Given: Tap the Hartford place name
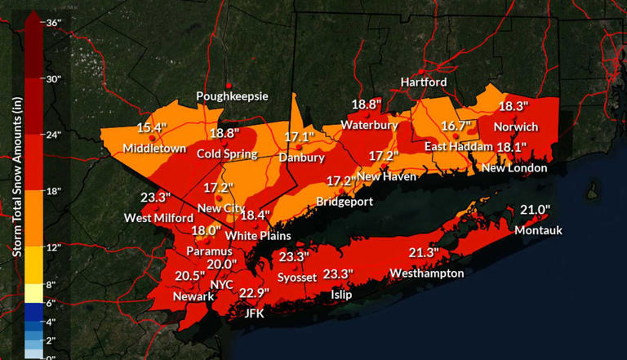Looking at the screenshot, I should (x=423, y=82).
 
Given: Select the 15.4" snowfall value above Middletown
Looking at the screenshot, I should (x=152, y=127).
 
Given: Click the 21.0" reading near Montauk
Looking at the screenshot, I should (x=536, y=210).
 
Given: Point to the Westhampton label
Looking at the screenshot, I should (x=426, y=273).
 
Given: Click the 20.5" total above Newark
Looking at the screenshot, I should (x=190, y=276).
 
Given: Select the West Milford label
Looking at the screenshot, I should (x=158, y=218).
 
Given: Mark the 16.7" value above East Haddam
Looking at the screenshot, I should (x=456, y=126).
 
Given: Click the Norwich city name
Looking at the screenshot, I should (x=515, y=127).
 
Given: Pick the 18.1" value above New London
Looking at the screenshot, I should (x=512, y=147).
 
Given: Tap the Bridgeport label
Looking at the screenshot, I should (x=345, y=202).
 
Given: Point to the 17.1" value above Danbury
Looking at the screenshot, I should (x=300, y=137).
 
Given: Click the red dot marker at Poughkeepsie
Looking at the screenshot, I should (x=229, y=85).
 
